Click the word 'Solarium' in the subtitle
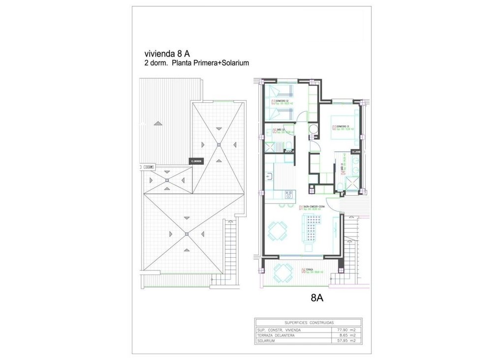(x=235, y=63)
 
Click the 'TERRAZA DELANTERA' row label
(x=276, y=335)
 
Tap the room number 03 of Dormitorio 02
(x=273, y=102)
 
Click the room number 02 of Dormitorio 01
(x=334, y=128)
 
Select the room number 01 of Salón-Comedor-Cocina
(x=301, y=208)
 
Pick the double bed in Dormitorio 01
(x=344, y=126)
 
